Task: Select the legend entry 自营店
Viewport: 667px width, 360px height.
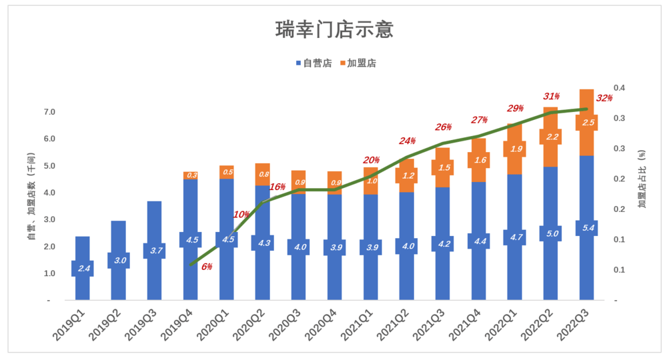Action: [x=313, y=63]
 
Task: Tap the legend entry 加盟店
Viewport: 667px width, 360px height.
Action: [x=358, y=63]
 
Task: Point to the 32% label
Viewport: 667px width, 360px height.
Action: [x=604, y=98]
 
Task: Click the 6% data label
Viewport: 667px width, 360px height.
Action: [x=206, y=267]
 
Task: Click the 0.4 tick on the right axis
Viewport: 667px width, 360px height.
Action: [x=620, y=88]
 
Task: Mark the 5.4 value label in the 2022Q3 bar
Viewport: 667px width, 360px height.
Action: [x=586, y=228]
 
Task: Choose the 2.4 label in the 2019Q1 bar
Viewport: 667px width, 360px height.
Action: [x=82, y=268]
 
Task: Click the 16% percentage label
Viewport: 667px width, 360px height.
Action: [x=277, y=187]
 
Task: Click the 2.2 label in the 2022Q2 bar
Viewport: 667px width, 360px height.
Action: [x=550, y=137]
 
